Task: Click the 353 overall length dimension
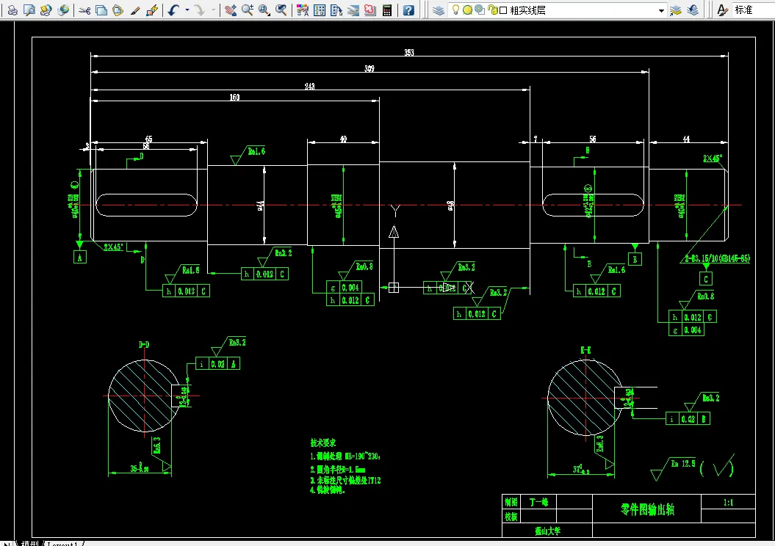coord(409,52)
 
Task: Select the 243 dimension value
coord(309,87)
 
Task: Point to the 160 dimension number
coord(234,97)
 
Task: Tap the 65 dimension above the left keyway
coord(148,139)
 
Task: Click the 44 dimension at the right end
coord(685,139)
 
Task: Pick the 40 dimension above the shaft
coord(343,139)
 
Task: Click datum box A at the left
coord(79,256)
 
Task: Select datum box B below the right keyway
coord(635,258)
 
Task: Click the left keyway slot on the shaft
coord(147,205)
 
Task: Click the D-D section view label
coord(144,343)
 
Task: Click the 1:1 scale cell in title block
coord(728,503)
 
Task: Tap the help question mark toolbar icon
coord(408,10)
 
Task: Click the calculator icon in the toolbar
coord(387,10)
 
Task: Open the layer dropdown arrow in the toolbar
coord(662,10)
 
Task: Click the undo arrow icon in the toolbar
coord(173,10)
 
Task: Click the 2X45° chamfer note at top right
coord(713,158)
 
